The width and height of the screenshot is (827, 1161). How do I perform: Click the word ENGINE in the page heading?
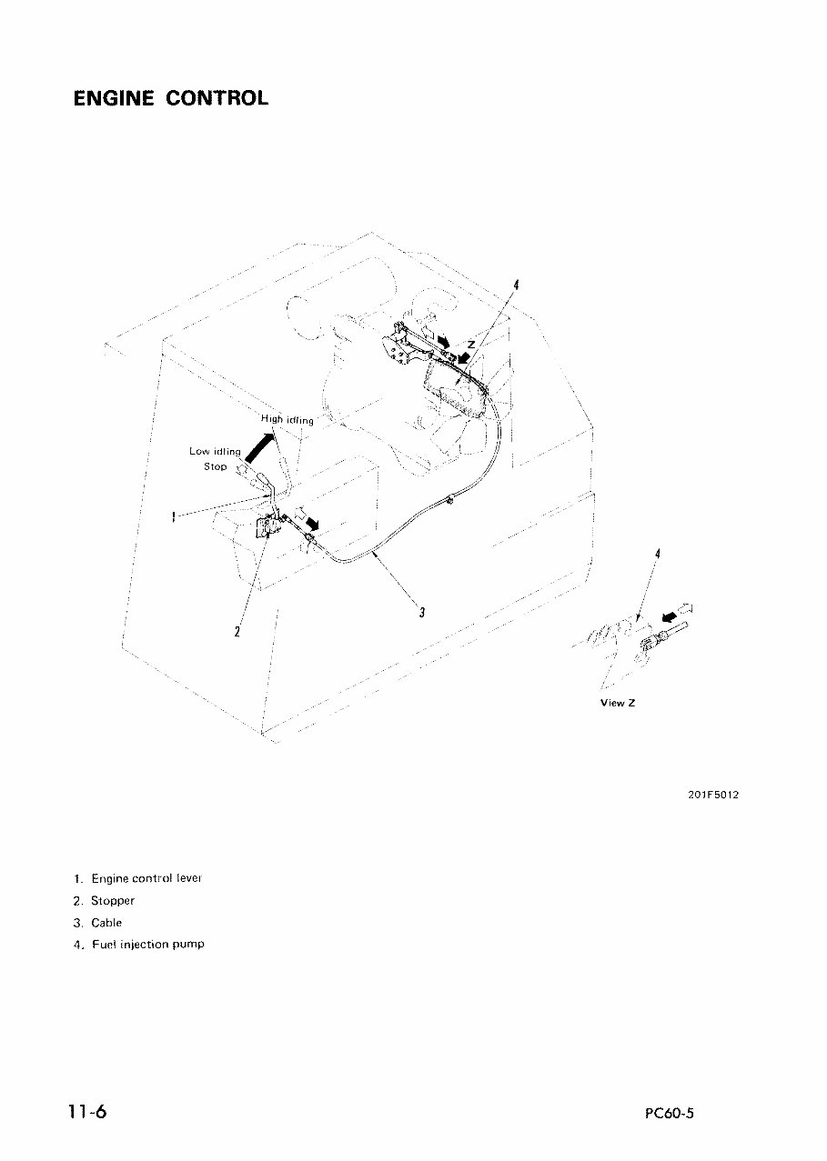(x=115, y=98)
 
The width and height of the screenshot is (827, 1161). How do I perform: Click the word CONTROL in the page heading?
(x=217, y=98)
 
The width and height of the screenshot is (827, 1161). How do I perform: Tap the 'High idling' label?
(x=287, y=419)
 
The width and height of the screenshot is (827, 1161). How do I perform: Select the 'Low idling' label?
(x=215, y=451)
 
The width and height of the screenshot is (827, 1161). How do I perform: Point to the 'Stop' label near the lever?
(x=215, y=466)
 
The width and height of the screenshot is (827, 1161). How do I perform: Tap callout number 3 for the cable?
(x=421, y=611)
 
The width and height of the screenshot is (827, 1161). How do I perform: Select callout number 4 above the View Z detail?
(x=657, y=554)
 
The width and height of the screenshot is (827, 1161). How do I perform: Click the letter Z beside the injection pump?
(x=470, y=345)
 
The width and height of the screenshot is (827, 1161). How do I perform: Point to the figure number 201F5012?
(x=713, y=794)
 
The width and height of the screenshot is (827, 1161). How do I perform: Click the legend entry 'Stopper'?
(x=105, y=900)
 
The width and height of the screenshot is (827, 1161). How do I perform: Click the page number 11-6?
(x=86, y=1111)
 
